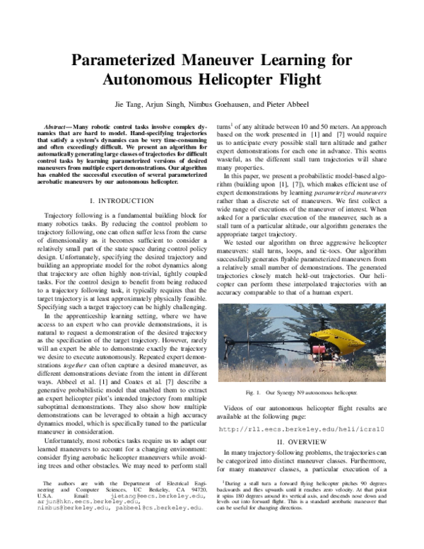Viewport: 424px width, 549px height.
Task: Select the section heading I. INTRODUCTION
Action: click(117, 180)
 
